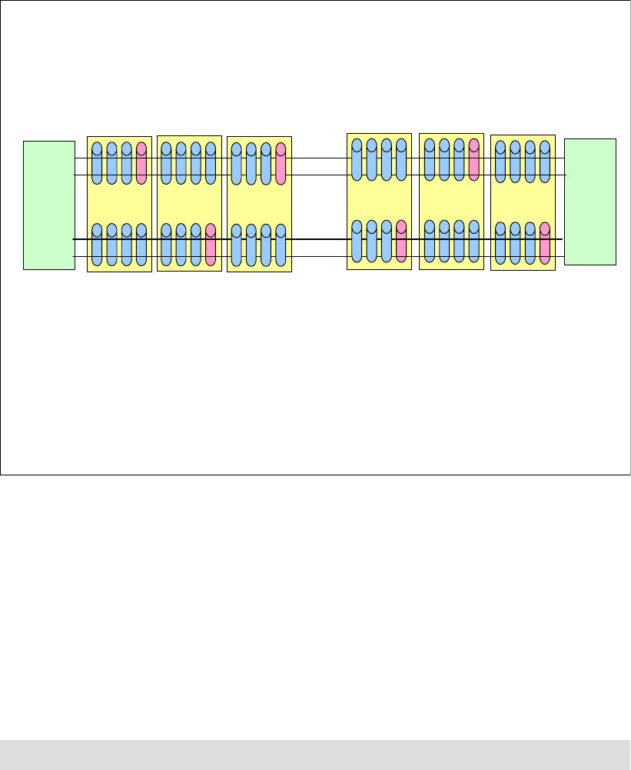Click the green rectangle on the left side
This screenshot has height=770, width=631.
[49, 205]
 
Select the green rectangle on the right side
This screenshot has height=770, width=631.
[590, 202]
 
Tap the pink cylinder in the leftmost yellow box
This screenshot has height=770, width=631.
[141, 163]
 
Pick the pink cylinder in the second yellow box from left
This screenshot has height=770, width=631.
[211, 245]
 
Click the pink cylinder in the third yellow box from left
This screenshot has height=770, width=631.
[281, 164]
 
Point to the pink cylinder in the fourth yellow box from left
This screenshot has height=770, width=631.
[400, 240]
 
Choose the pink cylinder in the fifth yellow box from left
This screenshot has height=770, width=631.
[474, 159]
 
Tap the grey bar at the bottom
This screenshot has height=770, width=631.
[315, 755]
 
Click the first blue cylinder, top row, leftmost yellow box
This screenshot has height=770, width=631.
[97, 163]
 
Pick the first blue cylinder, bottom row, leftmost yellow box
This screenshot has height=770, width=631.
[97, 245]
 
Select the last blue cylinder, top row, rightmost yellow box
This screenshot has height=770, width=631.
[545, 161]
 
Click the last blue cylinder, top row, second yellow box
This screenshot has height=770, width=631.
[211, 163]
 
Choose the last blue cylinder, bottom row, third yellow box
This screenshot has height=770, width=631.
[281, 245]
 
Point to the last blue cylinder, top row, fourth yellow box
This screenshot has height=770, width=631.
[400, 159]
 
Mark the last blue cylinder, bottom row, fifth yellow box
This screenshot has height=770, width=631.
[474, 241]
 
